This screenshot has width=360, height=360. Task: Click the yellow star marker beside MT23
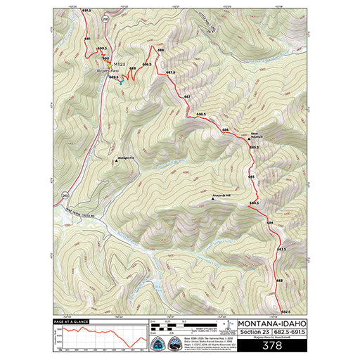point(108,64)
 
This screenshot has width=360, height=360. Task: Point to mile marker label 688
point(160,51)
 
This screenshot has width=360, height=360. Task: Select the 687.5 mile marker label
point(170,72)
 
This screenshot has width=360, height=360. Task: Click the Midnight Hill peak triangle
point(115,160)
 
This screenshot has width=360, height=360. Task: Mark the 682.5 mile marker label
point(285,311)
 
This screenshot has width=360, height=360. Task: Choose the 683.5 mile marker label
point(281,250)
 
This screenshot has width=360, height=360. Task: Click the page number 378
point(271,345)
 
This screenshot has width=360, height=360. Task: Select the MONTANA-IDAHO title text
point(271,324)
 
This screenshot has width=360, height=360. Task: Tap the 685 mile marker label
point(251,177)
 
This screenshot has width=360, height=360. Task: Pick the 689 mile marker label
point(132,68)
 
